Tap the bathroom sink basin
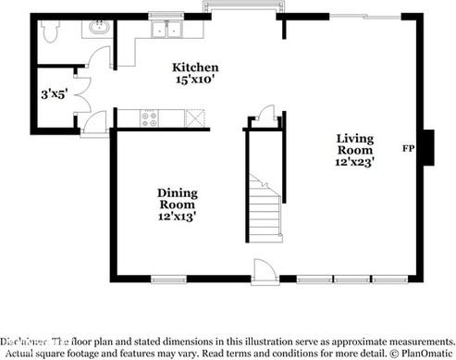tap(98, 31)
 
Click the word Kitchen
tap(195, 68)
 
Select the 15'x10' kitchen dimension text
tap(195, 81)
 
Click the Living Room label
tap(354, 144)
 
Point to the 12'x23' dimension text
tap(354, 162)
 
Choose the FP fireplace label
tap(408, 148)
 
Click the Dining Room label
tap(176, 198)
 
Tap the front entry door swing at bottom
tap(263, 270)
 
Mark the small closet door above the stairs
tap(266, 116)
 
